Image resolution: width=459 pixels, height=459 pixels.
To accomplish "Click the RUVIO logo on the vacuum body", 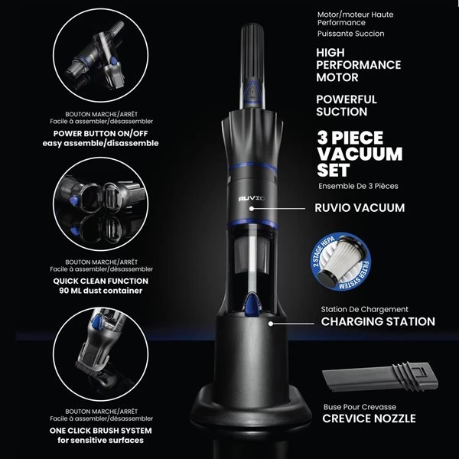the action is click(x=252, y=199).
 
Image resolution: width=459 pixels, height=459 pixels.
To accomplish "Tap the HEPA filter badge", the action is click(x=340, y=262).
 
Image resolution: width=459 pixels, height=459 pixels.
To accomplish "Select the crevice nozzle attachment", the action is click(x=380, y=377).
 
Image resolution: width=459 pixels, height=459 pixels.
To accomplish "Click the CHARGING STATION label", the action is click(x=378, y=322).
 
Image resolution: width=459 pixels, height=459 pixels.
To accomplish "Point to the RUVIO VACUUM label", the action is click(x=360, y=208).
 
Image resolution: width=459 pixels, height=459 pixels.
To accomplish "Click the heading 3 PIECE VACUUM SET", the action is click(x=360, y=154).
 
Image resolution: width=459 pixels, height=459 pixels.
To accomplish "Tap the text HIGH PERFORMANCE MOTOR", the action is click(x=358, y=65).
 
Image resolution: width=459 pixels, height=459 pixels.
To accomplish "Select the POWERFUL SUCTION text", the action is click(x=347, y=106).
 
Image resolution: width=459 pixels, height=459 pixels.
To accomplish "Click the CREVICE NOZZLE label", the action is click(x=369, y=418).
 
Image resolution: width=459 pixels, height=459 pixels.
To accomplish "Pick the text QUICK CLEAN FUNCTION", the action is click(x=101, y=281).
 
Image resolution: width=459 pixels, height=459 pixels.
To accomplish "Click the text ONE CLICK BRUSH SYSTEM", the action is click(x=101, y=431).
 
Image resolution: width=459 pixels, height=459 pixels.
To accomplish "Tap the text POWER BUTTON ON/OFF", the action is click(x=100, y=133).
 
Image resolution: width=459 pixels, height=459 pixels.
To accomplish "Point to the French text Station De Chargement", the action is click(x=364, y=309).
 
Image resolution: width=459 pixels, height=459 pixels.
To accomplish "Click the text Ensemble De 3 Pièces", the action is click(x=358, y=186).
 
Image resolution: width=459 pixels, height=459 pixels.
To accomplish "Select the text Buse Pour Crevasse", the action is click(x=360, y=407).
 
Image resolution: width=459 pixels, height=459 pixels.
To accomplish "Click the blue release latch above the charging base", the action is click(x=252, y=305).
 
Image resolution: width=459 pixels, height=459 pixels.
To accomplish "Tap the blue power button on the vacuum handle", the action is click(x=252, y=92).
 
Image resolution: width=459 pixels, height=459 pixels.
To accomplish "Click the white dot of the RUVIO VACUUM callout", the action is click(x=252, y=209).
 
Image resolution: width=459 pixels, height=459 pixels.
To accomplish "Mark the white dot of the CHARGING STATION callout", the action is click(x=271, y=324).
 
